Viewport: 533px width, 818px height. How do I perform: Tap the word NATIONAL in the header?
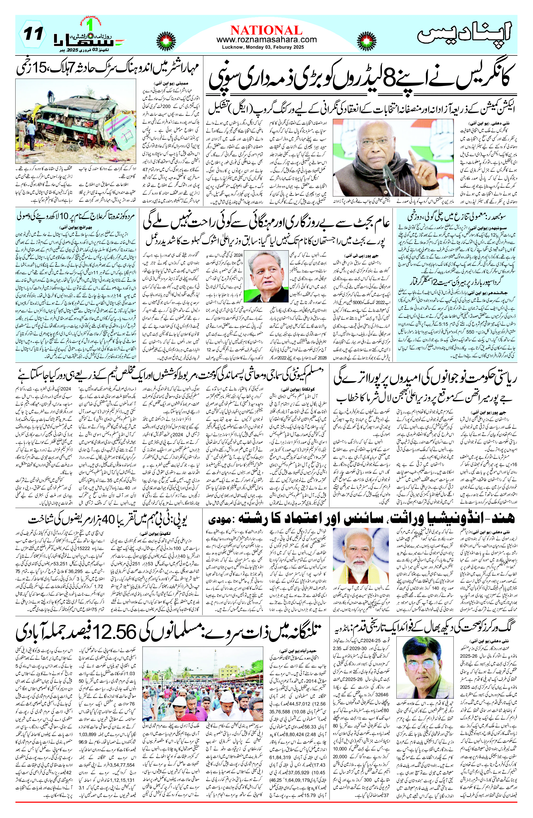point(266,30)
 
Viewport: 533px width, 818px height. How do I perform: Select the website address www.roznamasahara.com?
point(266,40)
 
